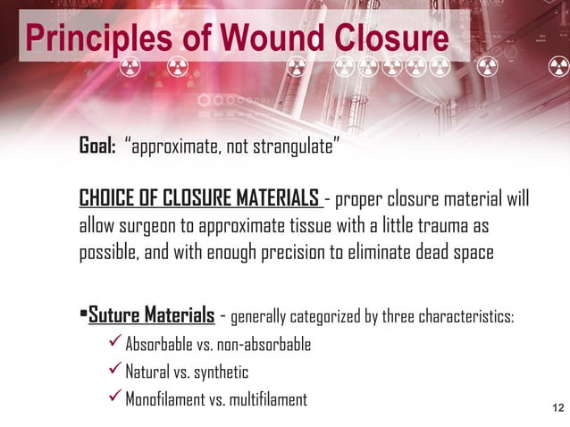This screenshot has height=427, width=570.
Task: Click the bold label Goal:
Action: click(98, 147)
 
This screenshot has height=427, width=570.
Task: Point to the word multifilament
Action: click(266, 399)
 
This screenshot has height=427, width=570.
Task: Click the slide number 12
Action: click(558, 409)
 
